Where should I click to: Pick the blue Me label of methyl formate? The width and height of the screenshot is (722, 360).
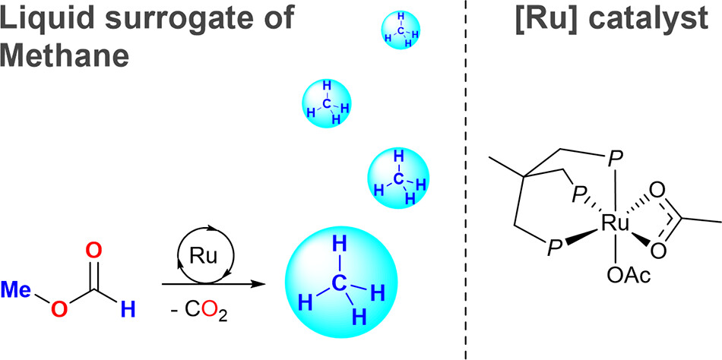coord(16,289)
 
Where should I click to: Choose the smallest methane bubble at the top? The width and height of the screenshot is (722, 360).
coord(401,32)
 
